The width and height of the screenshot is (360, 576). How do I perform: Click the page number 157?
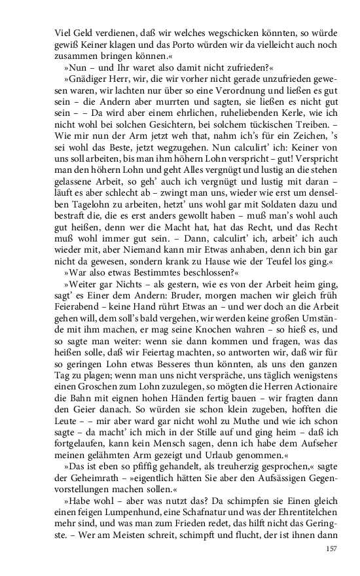pyautogui.click(x=329, y=549)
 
